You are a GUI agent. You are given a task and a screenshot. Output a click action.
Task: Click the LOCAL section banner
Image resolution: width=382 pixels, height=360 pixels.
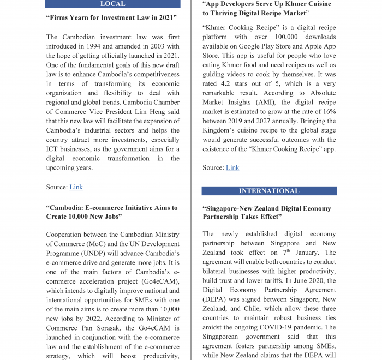[113, 4]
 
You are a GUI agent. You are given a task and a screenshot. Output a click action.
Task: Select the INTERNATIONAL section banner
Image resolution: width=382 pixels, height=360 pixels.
[269, 191]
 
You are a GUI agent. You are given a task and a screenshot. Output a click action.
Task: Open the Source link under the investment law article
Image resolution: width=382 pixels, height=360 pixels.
[76, 187]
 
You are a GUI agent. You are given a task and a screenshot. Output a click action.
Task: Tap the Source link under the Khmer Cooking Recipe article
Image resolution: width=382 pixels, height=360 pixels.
[232, 167]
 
